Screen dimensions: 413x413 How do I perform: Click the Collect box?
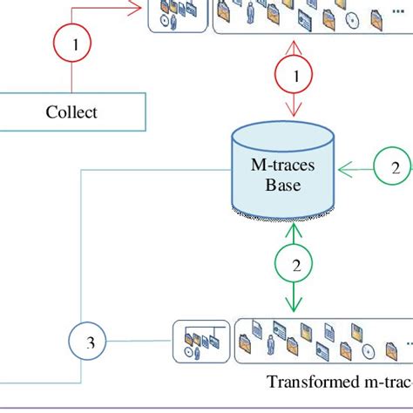(x=71, y=112)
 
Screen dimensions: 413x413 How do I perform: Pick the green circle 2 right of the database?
(x=395, y=168)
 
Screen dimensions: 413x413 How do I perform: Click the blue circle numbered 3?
(x=90, y=343)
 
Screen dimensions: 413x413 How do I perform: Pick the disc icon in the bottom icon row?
(x=369, y=351)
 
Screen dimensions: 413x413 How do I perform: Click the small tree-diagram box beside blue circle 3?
(x=201, y=341)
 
